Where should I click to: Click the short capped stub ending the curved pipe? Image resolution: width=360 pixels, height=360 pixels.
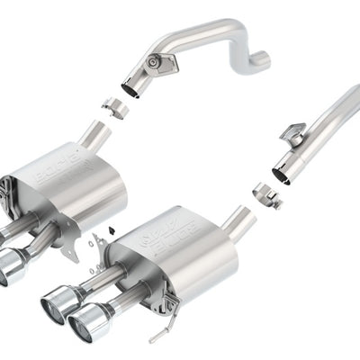pos(260,61)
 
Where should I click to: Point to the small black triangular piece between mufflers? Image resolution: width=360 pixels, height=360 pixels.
pos(109,230)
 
